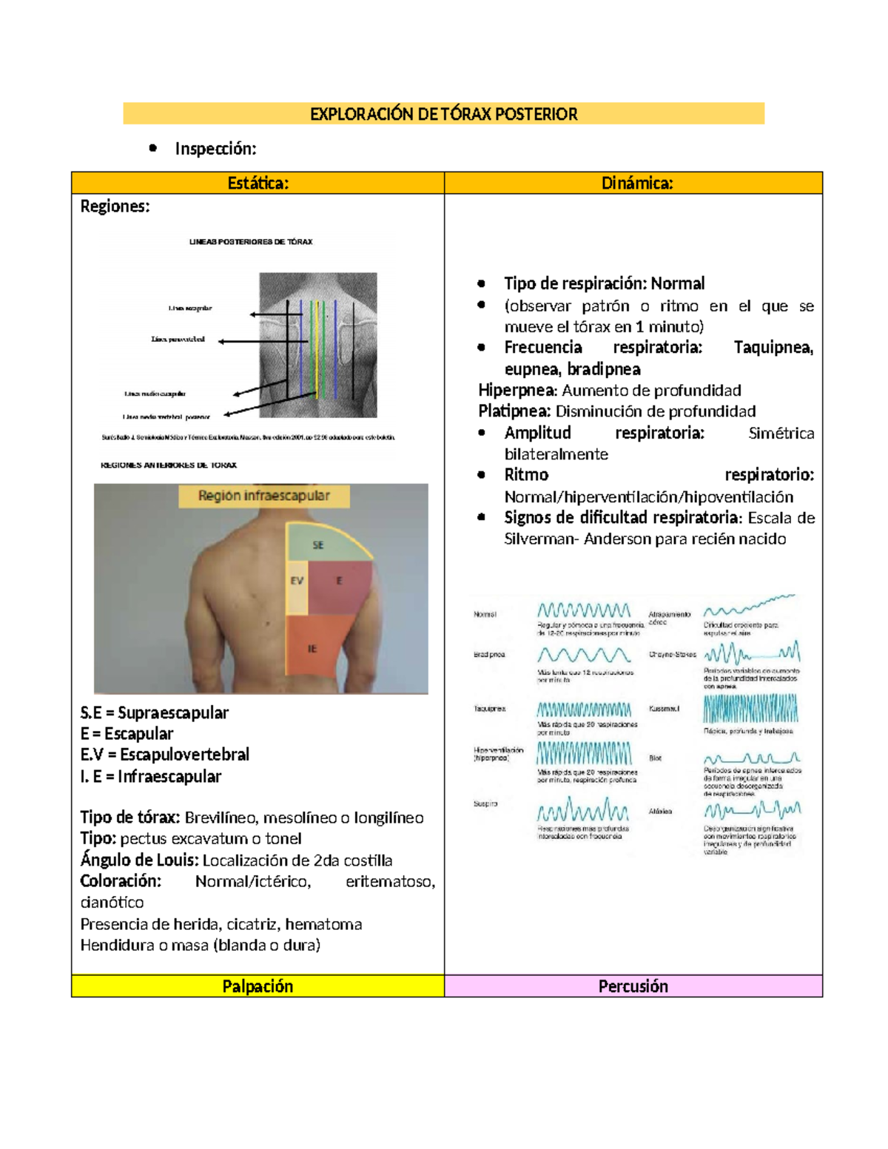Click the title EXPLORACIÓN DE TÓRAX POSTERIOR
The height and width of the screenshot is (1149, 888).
coord(443,114)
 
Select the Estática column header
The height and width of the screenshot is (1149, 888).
coord(258,183)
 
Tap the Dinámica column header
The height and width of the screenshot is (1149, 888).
coord(636,183)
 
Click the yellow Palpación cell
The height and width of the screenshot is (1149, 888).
coord(258,986)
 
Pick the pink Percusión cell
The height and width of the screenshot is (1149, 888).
coord(633,986)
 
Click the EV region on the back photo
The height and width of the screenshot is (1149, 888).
coord(297,582)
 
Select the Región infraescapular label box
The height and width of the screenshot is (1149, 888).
coord(263,496)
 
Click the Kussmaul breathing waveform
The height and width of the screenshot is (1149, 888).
coord(750,709)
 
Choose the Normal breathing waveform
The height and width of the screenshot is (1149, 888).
coord(584,610)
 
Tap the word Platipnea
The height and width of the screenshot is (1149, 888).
coord(514,411)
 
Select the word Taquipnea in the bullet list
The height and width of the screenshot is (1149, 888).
coord(773,348)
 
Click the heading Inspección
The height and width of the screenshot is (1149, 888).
coord(215,149)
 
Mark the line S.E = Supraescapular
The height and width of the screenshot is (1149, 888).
coord(155,712)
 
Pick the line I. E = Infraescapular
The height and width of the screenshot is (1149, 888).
coord(151,776)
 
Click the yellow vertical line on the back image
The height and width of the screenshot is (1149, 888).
coord(317,348)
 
